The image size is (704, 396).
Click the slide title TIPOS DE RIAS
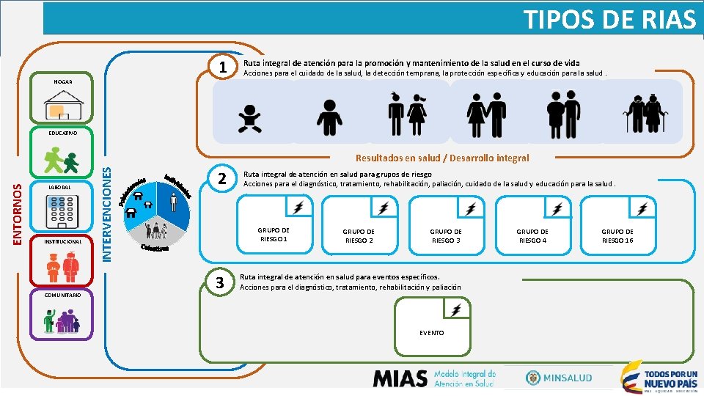point(609,19)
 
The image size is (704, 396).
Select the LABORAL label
point(58,188)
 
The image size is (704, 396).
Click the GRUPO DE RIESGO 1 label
point(274,235)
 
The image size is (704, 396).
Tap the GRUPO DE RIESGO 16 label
point(617,235)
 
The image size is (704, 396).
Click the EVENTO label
point(432,333)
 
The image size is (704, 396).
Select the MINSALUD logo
point(557,377)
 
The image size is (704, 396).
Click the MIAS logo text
point(400,378)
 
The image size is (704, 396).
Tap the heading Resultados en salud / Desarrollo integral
point(441,158)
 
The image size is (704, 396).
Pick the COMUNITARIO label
point(62,296)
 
